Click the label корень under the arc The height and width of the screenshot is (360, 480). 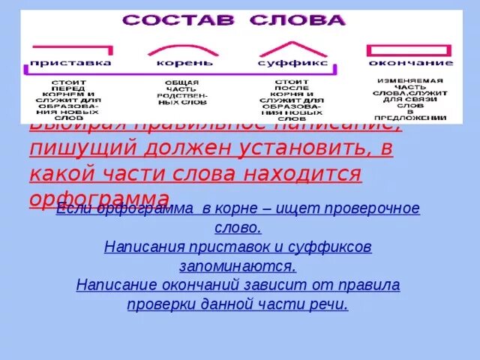[x=184, y=63]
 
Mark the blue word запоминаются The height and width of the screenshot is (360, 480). [x=238, y=265]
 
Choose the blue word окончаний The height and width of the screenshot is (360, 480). [x=184, y=285]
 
